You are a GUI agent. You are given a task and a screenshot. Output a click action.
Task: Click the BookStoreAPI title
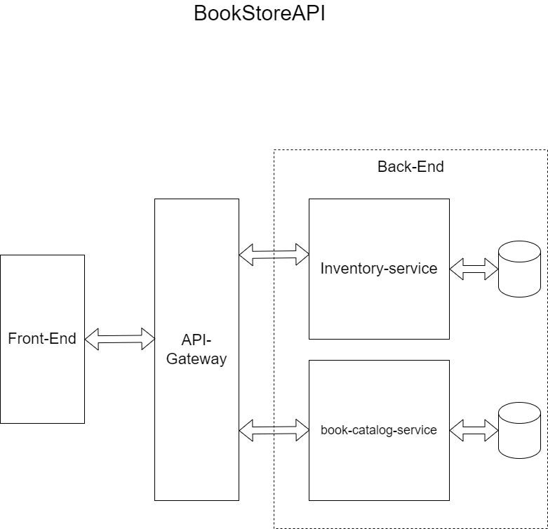260,14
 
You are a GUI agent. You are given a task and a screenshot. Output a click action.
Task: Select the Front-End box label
42,339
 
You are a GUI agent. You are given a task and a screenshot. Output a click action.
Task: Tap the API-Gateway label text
196,349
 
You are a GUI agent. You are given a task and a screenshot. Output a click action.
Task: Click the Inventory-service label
379,268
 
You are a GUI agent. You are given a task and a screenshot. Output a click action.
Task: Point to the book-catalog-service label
379,429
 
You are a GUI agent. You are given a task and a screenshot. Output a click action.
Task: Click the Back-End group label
410,167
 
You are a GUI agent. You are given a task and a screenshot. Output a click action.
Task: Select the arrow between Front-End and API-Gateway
119,339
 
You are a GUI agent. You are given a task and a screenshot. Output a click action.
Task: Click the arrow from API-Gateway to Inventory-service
274,255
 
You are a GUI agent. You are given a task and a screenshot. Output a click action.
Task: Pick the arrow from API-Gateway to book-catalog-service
274,430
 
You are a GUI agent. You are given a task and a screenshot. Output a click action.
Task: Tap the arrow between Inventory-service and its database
474,269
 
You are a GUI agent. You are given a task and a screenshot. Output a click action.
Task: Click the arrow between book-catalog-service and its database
474,430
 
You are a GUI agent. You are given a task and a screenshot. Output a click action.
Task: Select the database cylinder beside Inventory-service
519,269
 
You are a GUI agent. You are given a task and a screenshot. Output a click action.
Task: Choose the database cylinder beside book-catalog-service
519,431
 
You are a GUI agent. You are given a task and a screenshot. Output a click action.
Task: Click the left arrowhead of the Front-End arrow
91,339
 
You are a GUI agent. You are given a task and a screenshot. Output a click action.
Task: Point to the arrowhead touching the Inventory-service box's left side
302,255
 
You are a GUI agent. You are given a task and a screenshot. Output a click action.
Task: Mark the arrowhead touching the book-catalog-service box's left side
302,430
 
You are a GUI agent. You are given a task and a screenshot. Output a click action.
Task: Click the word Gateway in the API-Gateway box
196,359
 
